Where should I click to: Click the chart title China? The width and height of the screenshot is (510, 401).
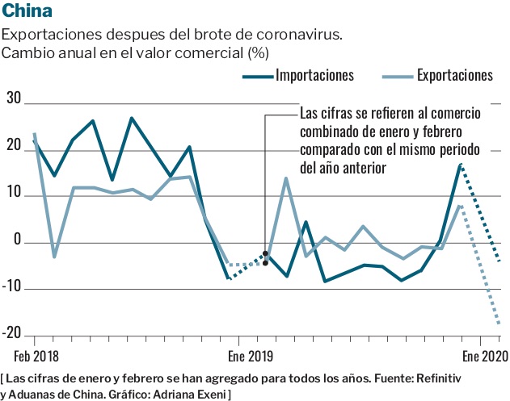[x=28, y=11]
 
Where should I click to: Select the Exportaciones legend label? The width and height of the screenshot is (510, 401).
[x=455, y=76]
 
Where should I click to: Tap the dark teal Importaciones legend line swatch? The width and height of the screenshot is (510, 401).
[x=257, y=77]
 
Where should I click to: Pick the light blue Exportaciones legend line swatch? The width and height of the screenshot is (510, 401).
[x=396, y=77]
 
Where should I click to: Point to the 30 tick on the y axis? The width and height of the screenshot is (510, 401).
[x=14, y=98]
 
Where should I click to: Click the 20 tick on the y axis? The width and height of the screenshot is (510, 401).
[x=14, y=144]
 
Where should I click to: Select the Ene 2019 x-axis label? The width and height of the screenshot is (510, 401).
[x=250, y=355]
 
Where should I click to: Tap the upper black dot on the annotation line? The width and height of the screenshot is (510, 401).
[x=265, y=253]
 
